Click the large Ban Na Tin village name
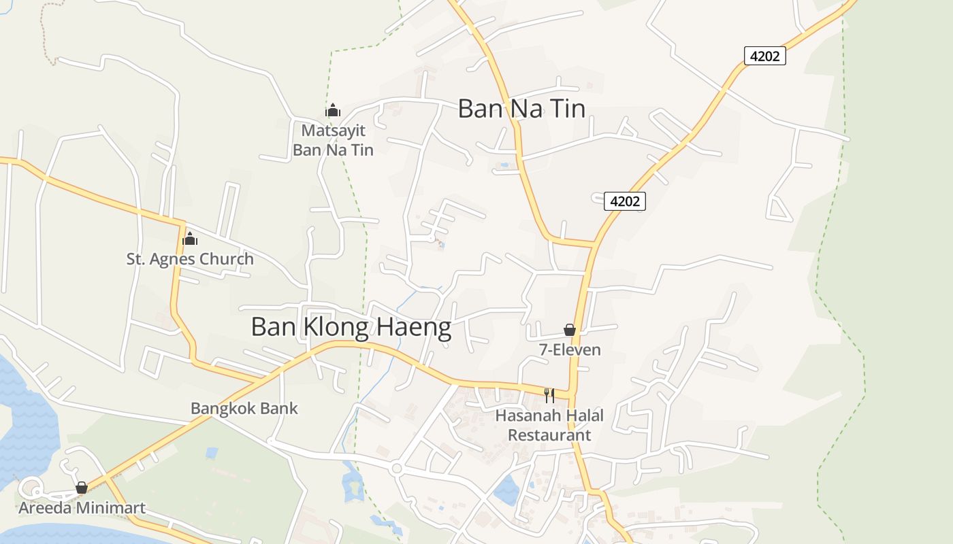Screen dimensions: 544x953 point(521,109)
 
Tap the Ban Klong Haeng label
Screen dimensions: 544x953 point(351,327)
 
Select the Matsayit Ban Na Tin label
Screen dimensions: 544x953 point(333,140)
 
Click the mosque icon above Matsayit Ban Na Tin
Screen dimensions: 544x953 point(333,110)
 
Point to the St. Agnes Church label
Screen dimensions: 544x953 point(190,259)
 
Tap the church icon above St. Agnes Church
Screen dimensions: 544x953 point(190,239)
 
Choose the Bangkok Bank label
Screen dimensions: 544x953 point(244,409)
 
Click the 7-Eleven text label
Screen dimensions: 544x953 point(570,350)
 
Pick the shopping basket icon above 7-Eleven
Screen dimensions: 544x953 point(570,330)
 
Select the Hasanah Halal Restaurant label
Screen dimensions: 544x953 point(549,425)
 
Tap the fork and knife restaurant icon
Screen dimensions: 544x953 point(549,395)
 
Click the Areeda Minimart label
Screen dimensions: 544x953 point(82,508)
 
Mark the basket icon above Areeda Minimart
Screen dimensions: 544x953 point(82,488)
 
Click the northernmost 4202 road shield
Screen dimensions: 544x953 point(764,56)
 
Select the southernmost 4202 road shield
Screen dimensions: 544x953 point(624,201)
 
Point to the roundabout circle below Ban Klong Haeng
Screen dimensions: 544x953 point(396,468)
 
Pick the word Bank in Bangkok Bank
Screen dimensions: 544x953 point(280,409)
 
